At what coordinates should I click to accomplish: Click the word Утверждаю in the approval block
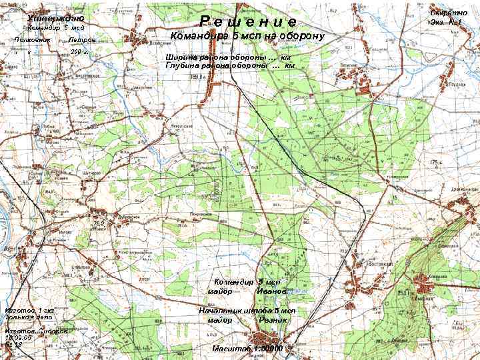click(x=55, y=18)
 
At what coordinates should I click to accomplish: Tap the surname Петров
click(x=82, y=41)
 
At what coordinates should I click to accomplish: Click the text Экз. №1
click(x=447, y=23)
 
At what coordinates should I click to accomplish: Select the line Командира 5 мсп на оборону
click(x=247, y=36)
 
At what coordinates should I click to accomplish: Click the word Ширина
click(x=179, y=58)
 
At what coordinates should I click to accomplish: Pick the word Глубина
click(x=181, y=66)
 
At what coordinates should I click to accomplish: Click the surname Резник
click(x=274, y=321)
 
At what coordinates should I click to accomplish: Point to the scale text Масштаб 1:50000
click(x=247, y=349)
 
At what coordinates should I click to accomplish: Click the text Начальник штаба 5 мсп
click(x=247, y=311)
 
